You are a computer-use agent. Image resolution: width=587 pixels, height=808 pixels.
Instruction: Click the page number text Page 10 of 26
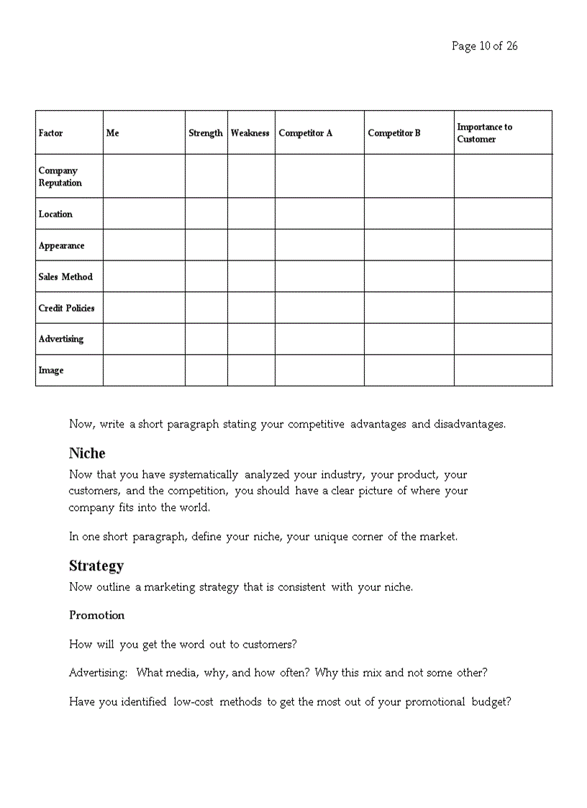[x=484, y=46]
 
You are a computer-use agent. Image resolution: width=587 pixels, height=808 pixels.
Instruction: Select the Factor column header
[x=50, y=133]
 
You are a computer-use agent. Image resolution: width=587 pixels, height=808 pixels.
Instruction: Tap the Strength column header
[x=206, y=133]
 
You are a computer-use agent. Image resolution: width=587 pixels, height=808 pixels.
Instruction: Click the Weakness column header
[x=250, y=133]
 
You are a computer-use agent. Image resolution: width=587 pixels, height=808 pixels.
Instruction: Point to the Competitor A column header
[x=306, y=133]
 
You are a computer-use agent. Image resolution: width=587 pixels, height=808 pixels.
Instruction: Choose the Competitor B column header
[x=394, y=133]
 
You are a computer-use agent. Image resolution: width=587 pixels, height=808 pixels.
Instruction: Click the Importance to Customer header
[x=484, y=133]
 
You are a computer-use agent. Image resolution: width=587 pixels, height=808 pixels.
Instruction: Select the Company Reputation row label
[x=60, y=176]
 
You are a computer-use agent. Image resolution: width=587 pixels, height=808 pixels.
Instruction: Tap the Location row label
[x=55, y=214]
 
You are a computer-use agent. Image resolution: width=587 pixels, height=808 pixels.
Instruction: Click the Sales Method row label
[x=65, y=276]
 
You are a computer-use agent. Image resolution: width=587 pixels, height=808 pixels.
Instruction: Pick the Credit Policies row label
[x=66, y=308]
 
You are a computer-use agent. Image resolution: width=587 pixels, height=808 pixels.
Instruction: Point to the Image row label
[x=51, y=370]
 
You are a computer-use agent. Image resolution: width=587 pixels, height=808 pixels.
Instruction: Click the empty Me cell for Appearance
[x=144, y=245]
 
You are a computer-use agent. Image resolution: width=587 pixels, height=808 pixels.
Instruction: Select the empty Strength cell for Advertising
[x=206, y=339]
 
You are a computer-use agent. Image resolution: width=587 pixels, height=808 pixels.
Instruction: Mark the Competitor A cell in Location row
[x=319, y=214]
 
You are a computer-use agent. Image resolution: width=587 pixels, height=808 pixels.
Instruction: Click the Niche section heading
[x=87, y=453]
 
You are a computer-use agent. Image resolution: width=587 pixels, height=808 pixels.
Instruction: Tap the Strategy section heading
[x=96, y=566]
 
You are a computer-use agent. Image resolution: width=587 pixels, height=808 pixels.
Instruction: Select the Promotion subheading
[x=96, y=615]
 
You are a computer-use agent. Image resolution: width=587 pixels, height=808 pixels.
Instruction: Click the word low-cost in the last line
[x=194, y=702]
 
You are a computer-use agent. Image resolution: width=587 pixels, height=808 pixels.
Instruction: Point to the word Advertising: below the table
[x=99, y=673]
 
